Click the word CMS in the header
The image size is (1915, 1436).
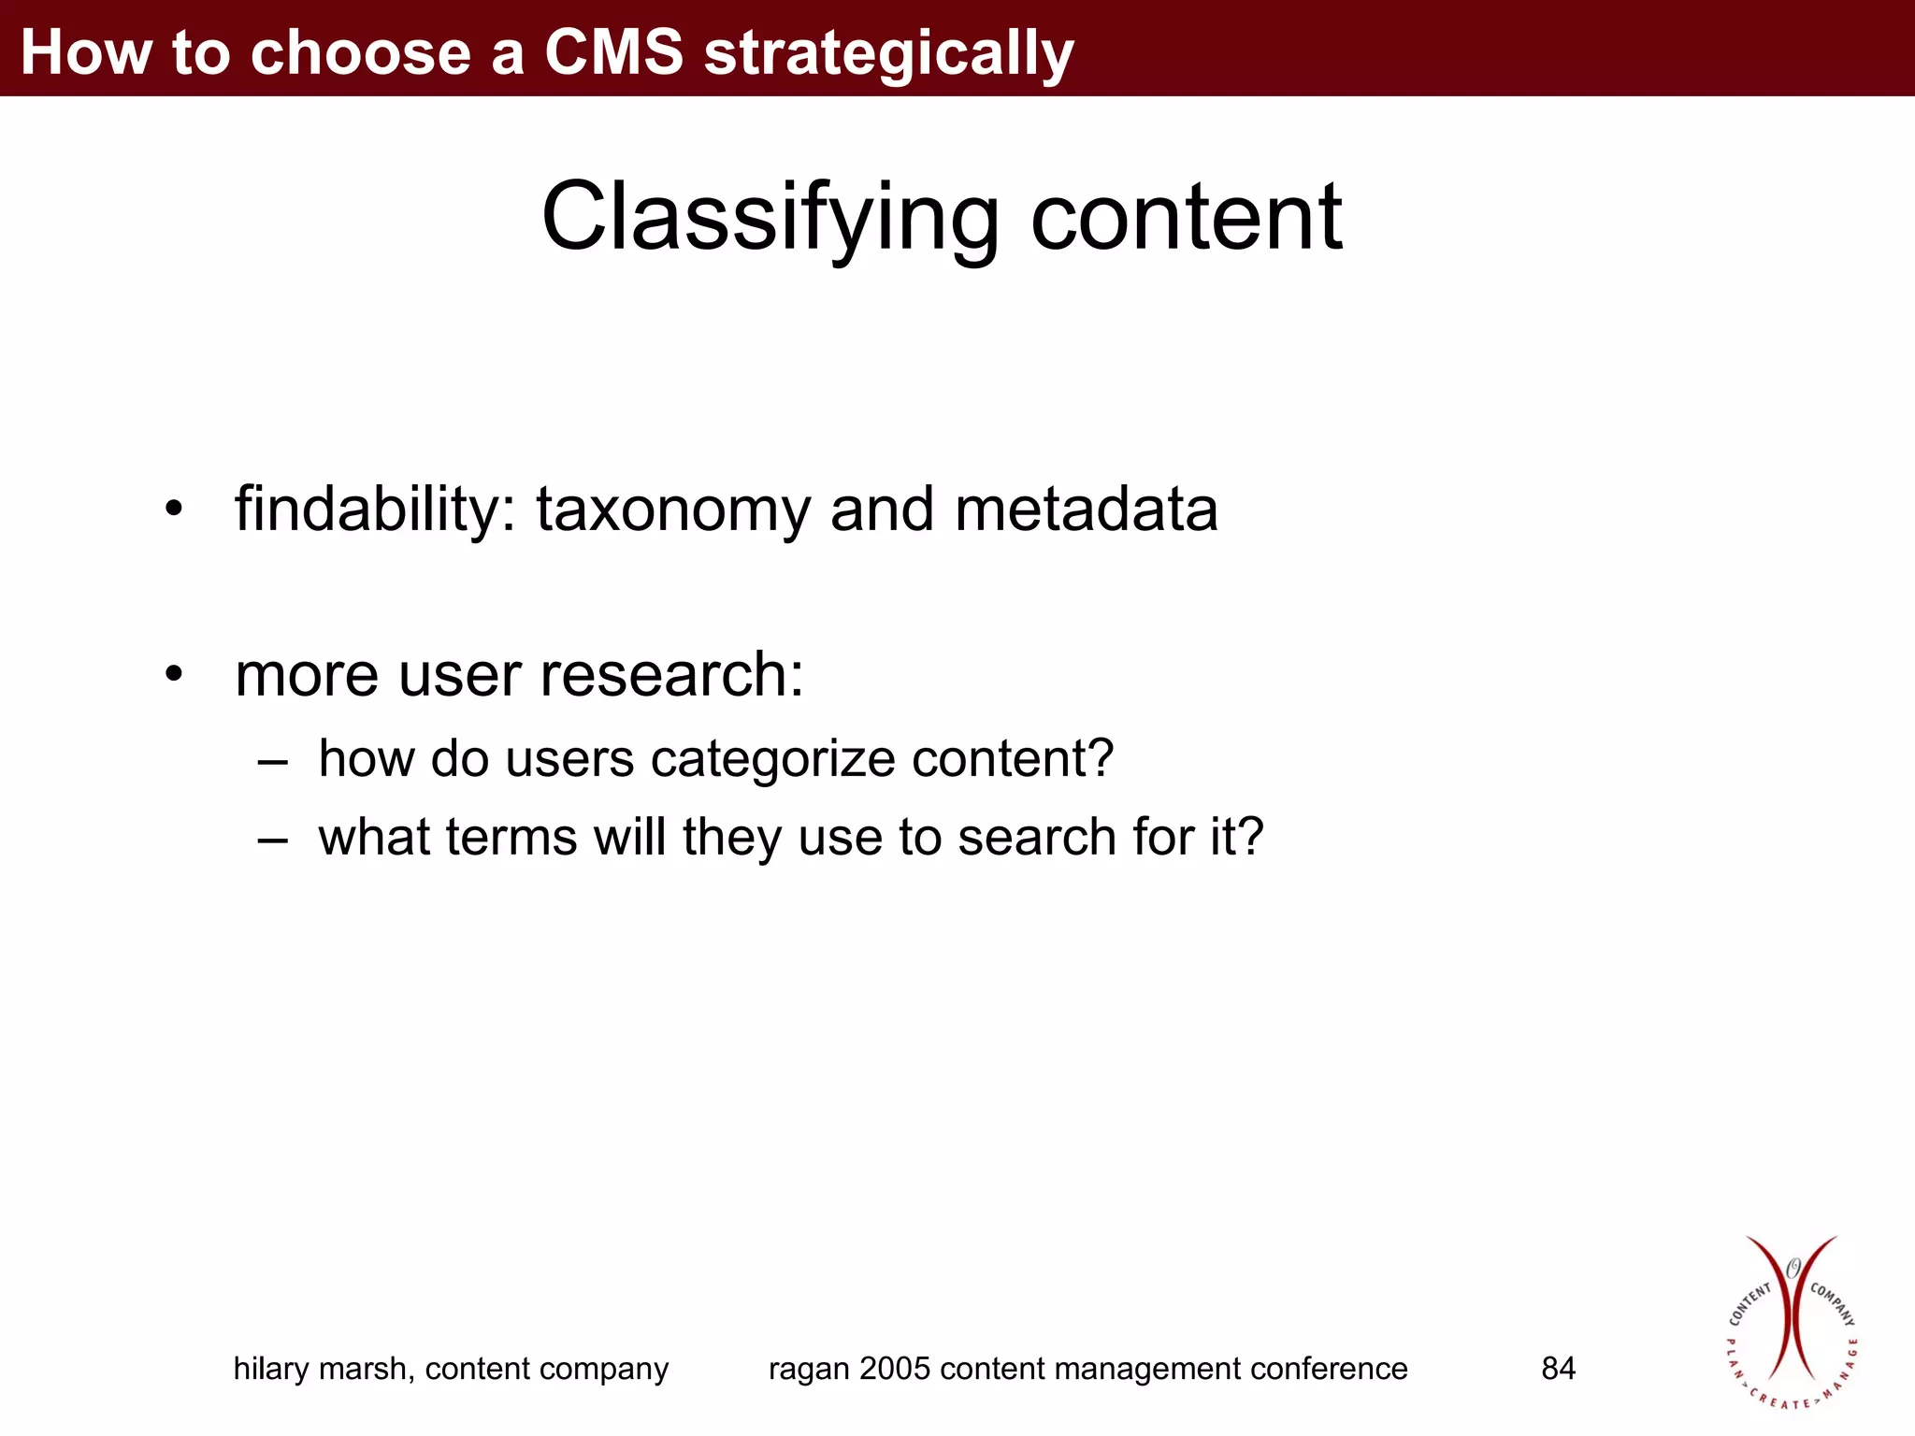pyautogui.click(x=613, y=51)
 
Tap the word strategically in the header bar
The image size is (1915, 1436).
pyautogui.click(x=888, y=54)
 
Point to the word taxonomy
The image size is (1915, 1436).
pyautogui.click(x=673, y=512)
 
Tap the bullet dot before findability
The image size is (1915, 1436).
pyautogui.click(x=174, y=510)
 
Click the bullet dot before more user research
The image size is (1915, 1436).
pyautogui.click(x=174, y=674)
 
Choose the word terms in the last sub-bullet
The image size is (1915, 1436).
pyautogui.click(x=511, y=837)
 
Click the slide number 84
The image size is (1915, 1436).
pyautogui.click(x=1558, y=1369)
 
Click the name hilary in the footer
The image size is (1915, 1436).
pyautogui.click(x=270, y=1369)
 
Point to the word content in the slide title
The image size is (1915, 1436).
pyautogui.click(x=1186, y=218)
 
